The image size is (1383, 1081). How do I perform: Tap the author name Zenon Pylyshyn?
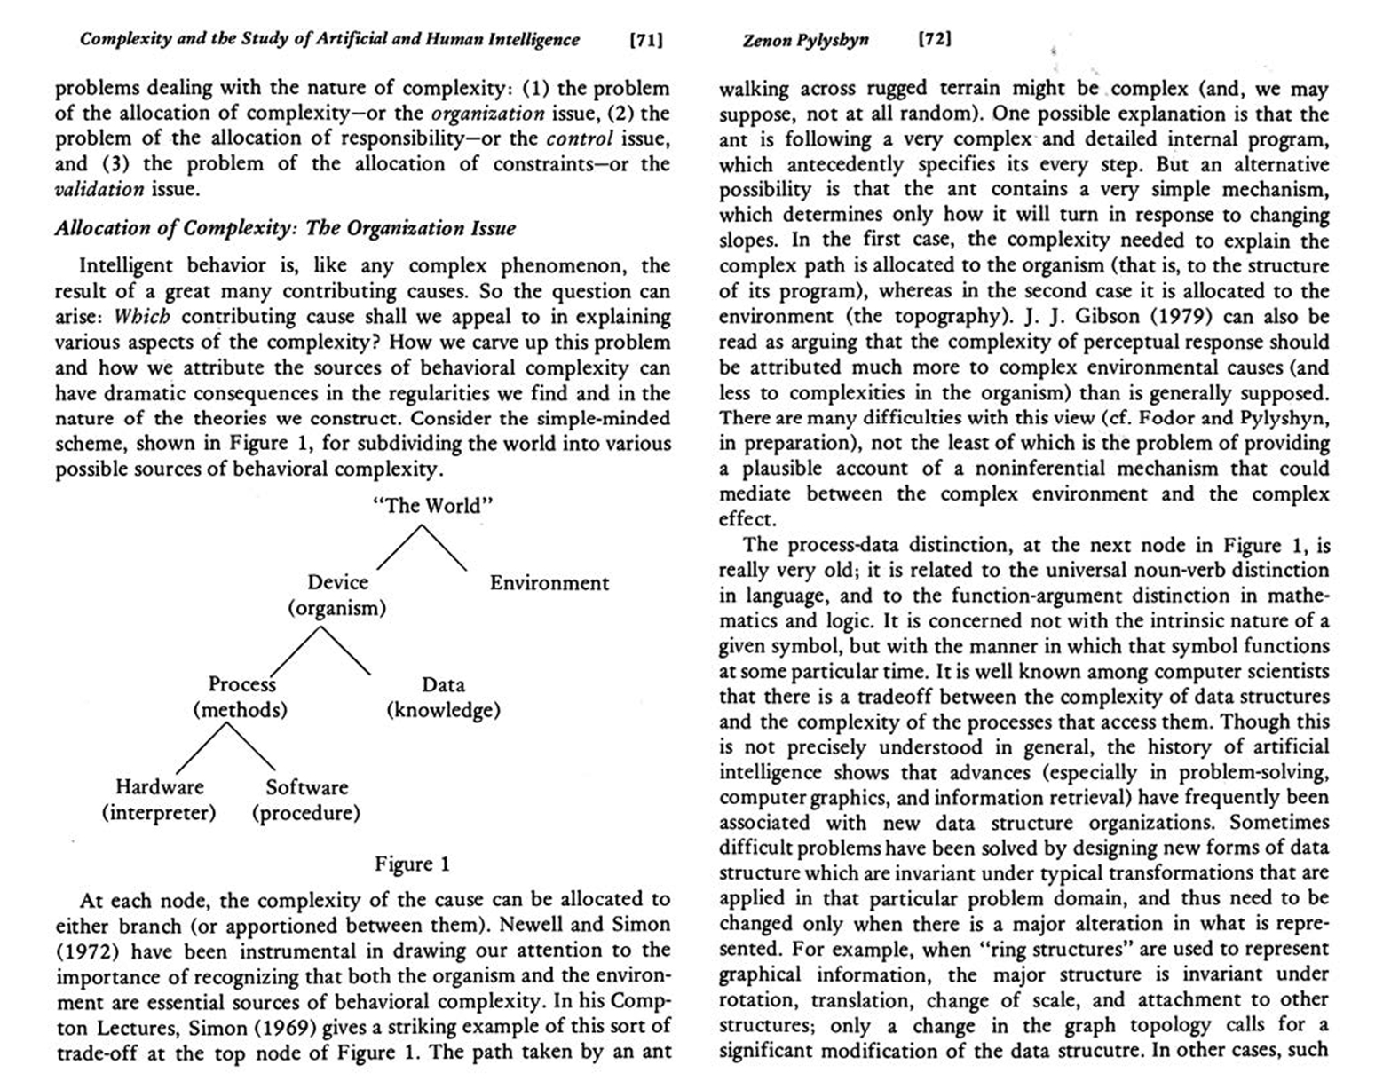click(805, 40)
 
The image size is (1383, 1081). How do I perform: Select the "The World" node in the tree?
click(432, 506)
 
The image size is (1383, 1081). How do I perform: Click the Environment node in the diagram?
click(549, 583)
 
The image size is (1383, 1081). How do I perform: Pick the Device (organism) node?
click(337, 595)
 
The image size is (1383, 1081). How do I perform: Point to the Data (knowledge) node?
click(443, 698)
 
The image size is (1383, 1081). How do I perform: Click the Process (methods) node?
click(241, 698)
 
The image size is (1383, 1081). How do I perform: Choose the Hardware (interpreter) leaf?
click(159, 800)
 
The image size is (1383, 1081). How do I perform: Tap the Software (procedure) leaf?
click(306, 800)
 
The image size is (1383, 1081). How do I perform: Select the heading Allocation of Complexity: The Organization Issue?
click(285, 228)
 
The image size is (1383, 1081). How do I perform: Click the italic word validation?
click(99, 189)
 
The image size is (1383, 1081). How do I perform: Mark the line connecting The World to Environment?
click(444, 548)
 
